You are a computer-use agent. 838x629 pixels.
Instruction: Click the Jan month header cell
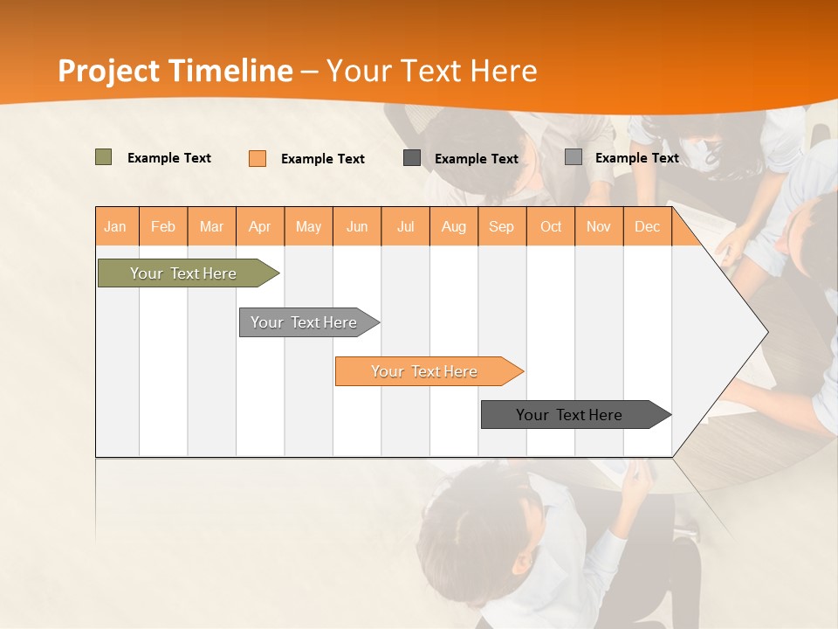116,226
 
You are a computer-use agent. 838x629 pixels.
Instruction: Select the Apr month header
260,226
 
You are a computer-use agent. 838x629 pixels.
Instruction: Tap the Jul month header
405,226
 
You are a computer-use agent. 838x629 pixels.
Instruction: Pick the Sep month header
501,226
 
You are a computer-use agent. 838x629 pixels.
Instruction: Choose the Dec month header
647,226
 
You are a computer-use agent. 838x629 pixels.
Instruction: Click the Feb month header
163,226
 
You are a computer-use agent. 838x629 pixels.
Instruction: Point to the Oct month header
551,226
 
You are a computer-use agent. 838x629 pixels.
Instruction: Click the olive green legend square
104,157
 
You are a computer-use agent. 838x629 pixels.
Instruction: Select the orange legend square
258,158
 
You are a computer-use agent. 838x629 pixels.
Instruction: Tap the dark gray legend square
412,157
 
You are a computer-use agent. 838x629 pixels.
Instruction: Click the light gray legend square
574,157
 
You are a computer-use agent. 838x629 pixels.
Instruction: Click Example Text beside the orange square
322,159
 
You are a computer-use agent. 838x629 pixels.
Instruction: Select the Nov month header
599,226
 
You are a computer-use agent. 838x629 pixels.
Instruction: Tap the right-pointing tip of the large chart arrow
766,331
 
